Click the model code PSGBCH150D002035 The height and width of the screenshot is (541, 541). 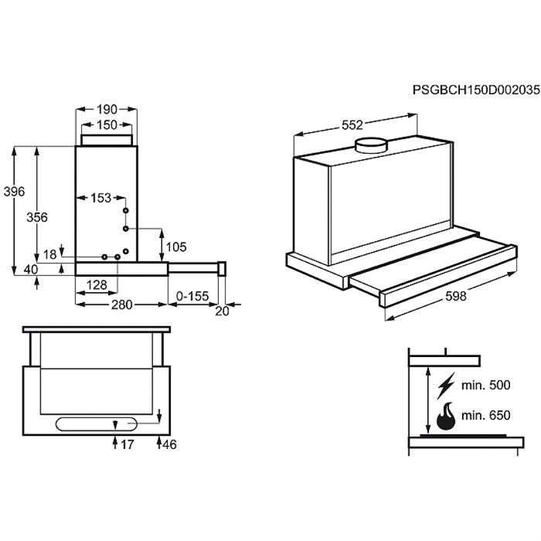pyautogui.click(x=476, y=90)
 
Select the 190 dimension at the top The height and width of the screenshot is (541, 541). pyautogui.click(x=107, y=110)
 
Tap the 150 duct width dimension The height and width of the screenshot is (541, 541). pyautogui.click(x=107, y=124)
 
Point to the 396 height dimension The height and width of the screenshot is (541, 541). pyautogui.click(x=14, y=191)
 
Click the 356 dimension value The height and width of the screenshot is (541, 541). pyautogui.click(x=37, y=217)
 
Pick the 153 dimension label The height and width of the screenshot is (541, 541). pyautogui.click(x=100, y=198)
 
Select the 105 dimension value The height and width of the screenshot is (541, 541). pyautogui.click(x=176, y=247)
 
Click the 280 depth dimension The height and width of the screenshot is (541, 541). pyautogui.click(x=121, y=305)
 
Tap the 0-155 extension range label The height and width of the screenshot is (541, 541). pyautogui.click(x=192, y=296)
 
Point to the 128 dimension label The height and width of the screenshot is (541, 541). pyautogui.click(x=97, y=285)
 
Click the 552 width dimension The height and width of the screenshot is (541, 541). pyautogui.click(x=352, y=125)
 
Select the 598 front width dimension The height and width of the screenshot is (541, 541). pyautogui.click(x=456, y=296)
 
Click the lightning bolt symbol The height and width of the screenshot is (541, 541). pyautogui.click(x=446, y=386)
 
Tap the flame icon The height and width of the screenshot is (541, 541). pyautogui.click(x=446, y=416)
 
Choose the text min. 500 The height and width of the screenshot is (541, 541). pyautogui.click(x=486, y=385)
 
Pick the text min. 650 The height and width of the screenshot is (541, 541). pyautogui.click(x=486, y=415)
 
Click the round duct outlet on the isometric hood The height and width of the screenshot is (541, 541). pyautogui.click(x=372, y=145)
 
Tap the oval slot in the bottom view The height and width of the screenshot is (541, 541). pyautogui.click(x=97, y=424)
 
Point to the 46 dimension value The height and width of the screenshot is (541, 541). pyautogui.click(x=169, y=444)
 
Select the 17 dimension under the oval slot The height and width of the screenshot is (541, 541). pyautogui.click(x=127, y=444)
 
